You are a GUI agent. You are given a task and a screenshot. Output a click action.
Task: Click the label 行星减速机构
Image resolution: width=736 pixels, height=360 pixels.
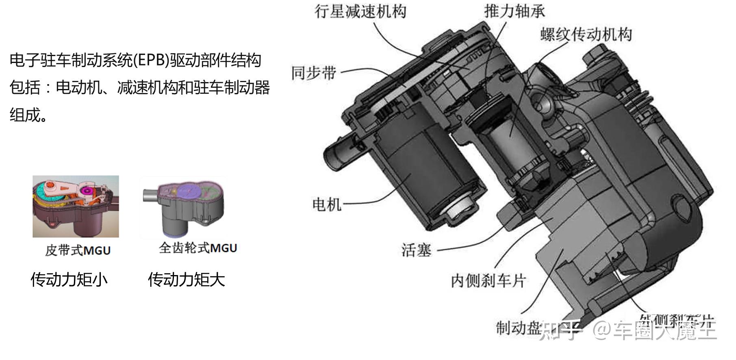coord(360,11)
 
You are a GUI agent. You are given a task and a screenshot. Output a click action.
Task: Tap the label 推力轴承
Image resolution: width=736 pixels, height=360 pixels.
coord(514,11)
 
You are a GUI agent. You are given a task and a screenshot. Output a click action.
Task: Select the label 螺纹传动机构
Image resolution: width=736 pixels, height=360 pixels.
coord(586,35)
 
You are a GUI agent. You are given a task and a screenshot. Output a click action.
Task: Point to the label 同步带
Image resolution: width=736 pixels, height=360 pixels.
coord(314,73)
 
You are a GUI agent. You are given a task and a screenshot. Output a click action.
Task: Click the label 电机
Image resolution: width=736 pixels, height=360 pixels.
coord(326,204)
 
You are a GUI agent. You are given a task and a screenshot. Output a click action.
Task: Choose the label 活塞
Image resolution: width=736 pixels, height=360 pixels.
coord(416,250)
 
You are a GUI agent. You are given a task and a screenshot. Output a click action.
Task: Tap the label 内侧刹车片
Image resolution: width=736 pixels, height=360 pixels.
coord(488,281)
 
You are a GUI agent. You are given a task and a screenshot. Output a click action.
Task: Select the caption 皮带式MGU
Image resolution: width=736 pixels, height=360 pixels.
coord(78,250)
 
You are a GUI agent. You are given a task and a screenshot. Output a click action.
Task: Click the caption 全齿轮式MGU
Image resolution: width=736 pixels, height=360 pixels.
coord(198,248)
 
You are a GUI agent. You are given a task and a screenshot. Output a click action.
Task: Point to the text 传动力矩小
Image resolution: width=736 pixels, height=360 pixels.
coord(69,280)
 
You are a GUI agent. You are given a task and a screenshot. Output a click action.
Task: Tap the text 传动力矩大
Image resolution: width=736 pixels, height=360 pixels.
coord(186,280)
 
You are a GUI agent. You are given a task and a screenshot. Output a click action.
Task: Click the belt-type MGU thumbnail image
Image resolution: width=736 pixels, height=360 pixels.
coord(76,206)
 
